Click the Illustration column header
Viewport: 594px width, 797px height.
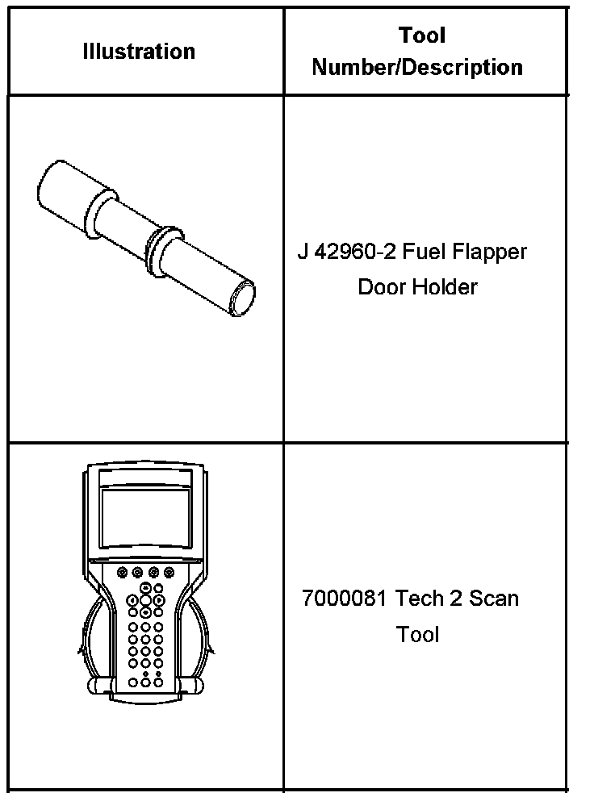(139, 52)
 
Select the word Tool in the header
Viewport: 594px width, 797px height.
(422, 35)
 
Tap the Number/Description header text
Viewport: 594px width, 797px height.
(417, 67)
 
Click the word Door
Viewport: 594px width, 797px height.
(385, 287)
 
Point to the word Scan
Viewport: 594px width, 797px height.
(493, 599)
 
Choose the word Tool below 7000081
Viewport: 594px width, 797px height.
(417, 634)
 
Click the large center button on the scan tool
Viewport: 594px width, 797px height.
(145, 600)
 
